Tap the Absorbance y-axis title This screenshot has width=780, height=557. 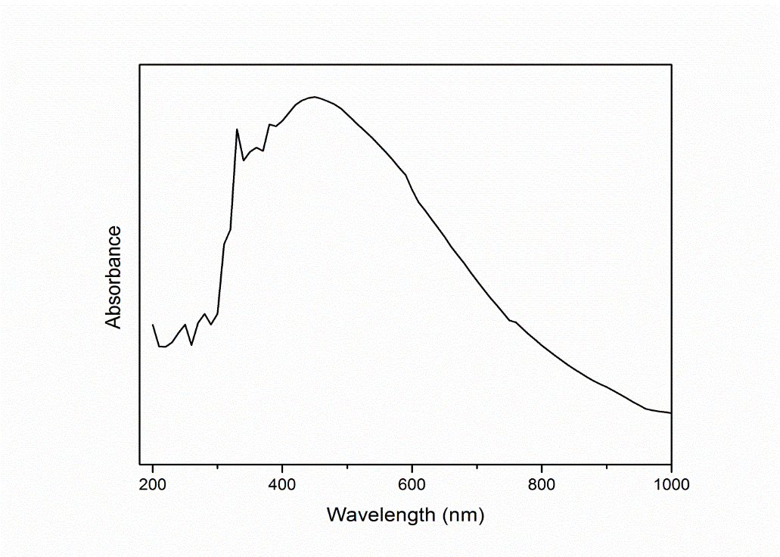pyautogui.click(x=113, y=277)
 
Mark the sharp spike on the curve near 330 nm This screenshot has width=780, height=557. pyautogui.click(x=237, y=129)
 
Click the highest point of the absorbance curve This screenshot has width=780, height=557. pyautogui.click(x=315, y=97)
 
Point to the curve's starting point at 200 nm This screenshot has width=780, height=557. pyautogui.click(x=153, y=325)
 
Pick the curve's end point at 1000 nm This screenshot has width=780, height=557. pyautogui.click(x=671, y=413)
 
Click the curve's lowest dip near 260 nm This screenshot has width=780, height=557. pyautogui.click(x=192, y=345)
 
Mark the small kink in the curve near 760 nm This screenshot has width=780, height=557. pyautogui.click(x=515, y=322)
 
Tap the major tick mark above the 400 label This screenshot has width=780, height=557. pyautogui.click(x=282, y=460)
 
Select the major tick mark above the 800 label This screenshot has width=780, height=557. pyautogui.click(x=542, y=460)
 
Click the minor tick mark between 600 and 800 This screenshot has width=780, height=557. pyautogui.click(x=477, y=462)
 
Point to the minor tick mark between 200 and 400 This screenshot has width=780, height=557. pyautogui.click(x=218, y=462)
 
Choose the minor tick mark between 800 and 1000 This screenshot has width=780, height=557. pyautogui.click(x=606, y=462)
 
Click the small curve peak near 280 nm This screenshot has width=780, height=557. pyautogui.click(x=205, y=313)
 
